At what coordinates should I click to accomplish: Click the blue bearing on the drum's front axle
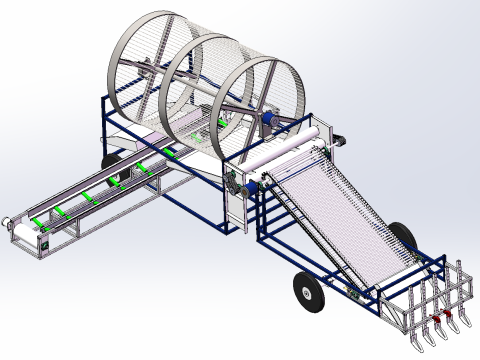click(268, 119)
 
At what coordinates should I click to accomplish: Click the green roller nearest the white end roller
click(38, 221)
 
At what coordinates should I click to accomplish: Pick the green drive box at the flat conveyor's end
click(42, 242)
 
